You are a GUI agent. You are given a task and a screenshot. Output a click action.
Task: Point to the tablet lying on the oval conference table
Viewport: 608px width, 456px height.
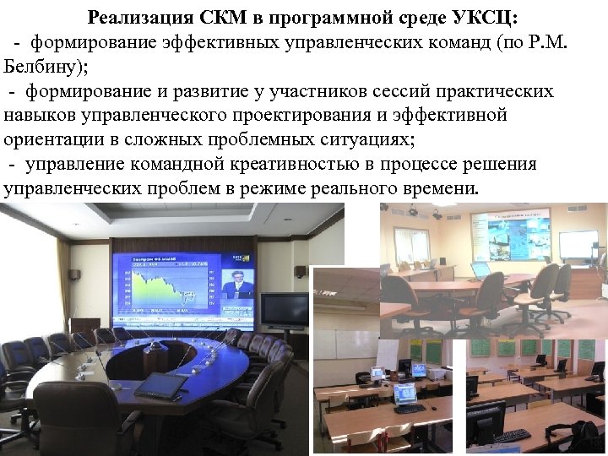tap(160, 385)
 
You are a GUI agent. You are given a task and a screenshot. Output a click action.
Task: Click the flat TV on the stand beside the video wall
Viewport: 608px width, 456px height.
tap(284, 309)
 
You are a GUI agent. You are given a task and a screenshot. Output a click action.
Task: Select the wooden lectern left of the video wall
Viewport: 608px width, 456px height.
tap(85, 328)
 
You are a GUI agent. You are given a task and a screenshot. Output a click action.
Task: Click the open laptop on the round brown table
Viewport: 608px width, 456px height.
tap(481, 270)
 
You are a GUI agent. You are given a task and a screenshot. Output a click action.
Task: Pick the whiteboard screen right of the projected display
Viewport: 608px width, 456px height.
tap(578, 244)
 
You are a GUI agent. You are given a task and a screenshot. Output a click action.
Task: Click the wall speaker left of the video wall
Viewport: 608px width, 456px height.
tap(74, 274)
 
